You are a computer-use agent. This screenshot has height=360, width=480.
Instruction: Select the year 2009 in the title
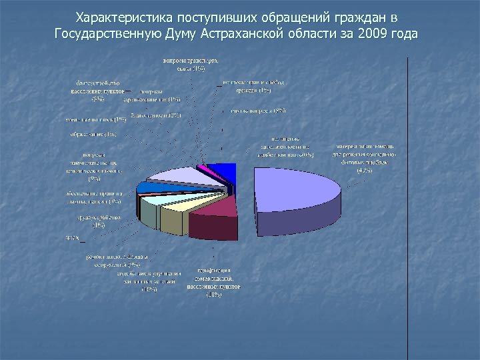(374, 33)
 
